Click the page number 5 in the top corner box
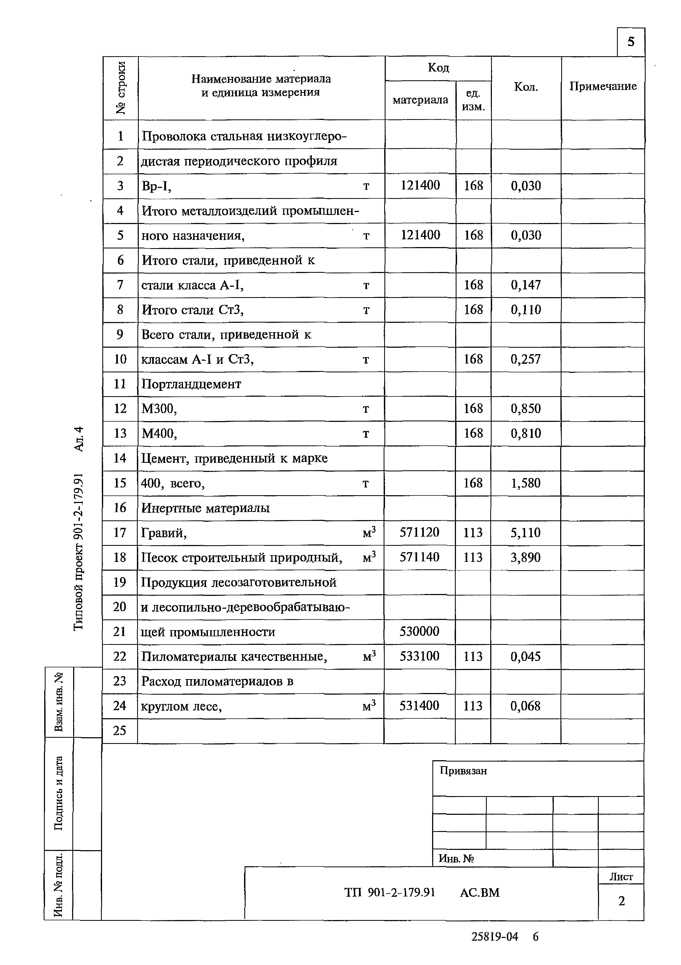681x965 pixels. [631, 41]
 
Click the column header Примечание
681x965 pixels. [603, 86]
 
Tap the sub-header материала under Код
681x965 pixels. [420, 100]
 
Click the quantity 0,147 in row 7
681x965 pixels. [526, 285]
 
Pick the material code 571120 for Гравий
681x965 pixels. [419, 532]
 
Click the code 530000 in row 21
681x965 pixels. [419, 631]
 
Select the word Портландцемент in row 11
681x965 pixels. [191, 384]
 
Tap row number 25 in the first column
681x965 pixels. [120, 731]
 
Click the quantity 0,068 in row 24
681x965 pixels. [525, 706]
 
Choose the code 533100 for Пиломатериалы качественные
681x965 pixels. [419, 656]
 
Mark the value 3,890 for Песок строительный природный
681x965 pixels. [525, 557]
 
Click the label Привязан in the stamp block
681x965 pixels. [463, 771]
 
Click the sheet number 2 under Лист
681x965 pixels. [621, 901]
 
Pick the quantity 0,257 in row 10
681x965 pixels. [526, 359]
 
